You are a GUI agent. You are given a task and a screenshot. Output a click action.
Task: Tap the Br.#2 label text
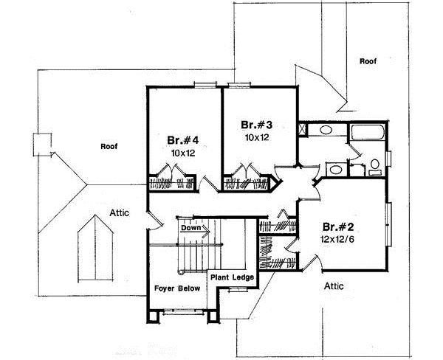click(337, 226)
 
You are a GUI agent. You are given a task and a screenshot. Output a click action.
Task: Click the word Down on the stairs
click(191, 229)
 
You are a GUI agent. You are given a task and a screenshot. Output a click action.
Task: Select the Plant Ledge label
click(233, 277)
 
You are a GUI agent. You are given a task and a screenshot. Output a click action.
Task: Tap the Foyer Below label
click(177, 289)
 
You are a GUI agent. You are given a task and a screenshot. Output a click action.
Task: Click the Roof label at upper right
click(368, 62)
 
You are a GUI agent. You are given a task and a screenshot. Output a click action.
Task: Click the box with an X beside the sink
click(303, 131)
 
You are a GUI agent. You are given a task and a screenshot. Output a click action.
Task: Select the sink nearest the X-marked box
click(324, 131)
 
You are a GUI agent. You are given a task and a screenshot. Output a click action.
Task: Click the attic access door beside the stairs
click(154, 219)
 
